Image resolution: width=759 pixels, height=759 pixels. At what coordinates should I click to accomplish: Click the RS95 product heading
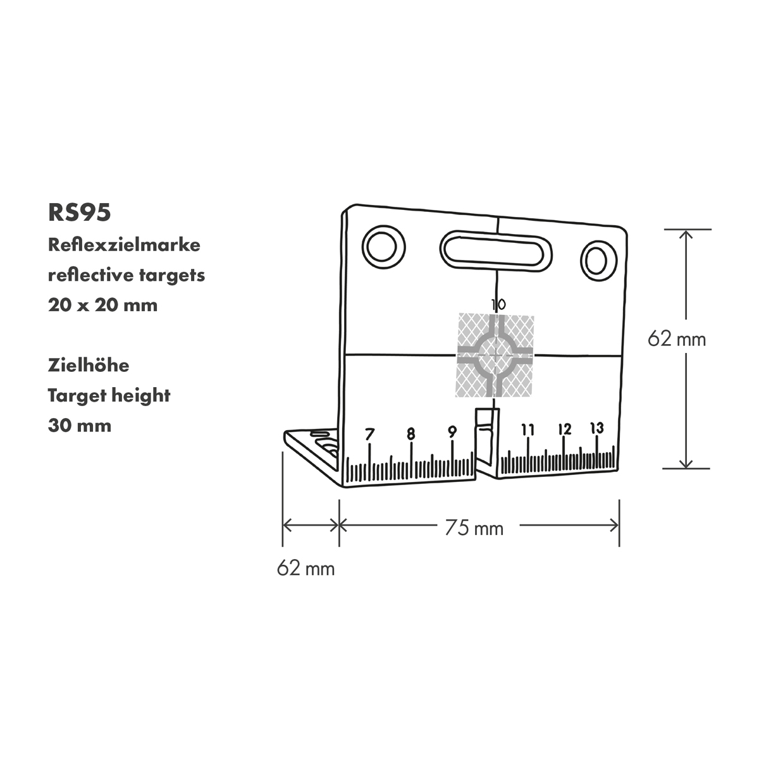80,213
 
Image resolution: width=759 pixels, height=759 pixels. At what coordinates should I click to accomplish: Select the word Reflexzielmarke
124,245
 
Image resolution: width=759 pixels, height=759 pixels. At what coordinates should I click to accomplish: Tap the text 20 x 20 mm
102,305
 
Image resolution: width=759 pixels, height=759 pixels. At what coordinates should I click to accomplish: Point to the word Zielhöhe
89,365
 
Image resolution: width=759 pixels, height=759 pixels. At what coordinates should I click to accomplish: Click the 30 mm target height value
80,425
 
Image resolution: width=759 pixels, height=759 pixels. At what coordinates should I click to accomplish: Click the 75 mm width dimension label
474,528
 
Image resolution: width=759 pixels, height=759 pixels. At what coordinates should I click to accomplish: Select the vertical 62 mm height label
676,339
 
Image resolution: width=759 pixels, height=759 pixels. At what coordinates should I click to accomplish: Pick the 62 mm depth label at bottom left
305,568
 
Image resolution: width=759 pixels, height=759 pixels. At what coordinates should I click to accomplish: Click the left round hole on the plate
383,247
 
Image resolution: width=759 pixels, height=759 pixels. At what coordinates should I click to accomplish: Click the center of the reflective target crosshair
495,356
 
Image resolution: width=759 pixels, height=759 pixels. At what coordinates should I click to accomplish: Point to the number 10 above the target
498,305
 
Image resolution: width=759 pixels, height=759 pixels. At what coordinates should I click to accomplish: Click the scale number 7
370,435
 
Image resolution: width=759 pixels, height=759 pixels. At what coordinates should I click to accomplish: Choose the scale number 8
411,434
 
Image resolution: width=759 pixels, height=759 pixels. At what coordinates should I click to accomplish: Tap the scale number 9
452,432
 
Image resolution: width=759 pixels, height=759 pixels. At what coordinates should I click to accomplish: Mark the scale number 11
528,430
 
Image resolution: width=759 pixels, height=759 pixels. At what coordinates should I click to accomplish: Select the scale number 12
565,429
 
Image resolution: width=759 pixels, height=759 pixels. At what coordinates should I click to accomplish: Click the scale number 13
596,428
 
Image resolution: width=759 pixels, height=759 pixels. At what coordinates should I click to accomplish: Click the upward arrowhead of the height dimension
686,233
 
